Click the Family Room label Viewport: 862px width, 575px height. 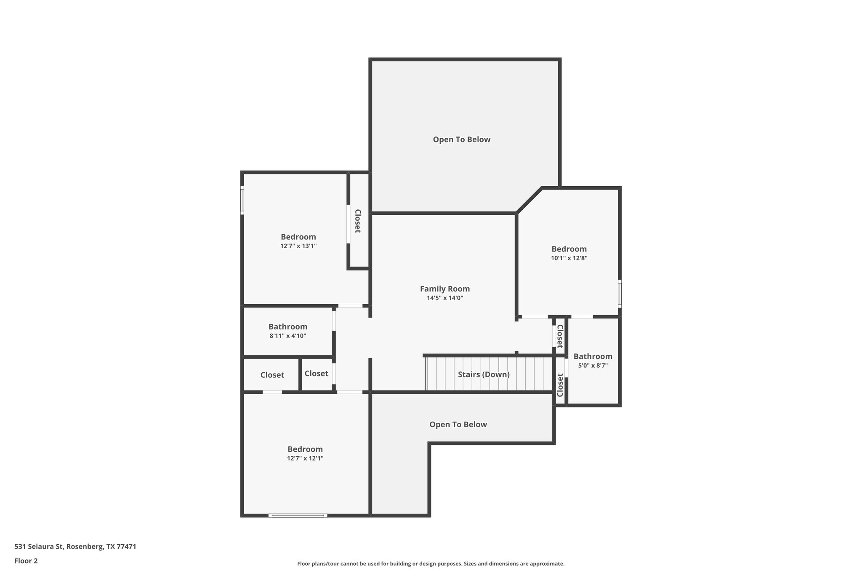click(x=444, y=289)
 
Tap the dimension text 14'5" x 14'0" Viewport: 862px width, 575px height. click(x=444, y=298)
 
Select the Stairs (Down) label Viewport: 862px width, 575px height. click(x=484, y=374)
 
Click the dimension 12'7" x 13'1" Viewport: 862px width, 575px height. click(x=298, y=246)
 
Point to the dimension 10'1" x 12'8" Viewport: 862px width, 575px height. click(x=569, y=258)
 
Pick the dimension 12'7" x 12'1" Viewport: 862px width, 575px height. click(x=305, y=458)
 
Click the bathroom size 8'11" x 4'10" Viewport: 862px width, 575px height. click(x=288, y=336)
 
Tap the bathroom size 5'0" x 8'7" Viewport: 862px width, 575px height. click(x=593, y=366)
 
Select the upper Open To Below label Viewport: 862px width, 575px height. click(x=461, y=139)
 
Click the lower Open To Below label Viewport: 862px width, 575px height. click(x=458, y=425)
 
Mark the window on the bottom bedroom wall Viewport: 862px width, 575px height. click(x=298, y=515)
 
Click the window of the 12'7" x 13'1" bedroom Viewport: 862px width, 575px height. click(x=242, y=200)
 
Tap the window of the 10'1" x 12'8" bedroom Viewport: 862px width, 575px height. click(x=620, y=293)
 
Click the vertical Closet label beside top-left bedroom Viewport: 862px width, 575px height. click(x=357, y=221)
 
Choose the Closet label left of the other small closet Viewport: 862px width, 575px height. click(x=272, y=375)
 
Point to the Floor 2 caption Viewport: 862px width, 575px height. click(x=26, y=561)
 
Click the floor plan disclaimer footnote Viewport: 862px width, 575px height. click(x=431, y=564)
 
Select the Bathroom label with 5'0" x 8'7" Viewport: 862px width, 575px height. click(x=593, y=356)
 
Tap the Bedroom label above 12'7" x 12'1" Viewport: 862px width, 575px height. click(x=305, y=449)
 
